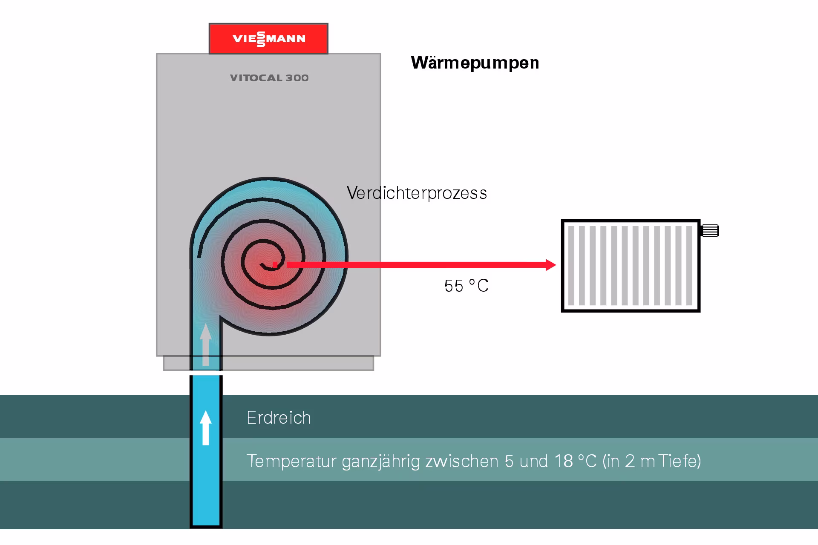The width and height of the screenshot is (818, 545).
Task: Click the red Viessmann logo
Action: click(268, 39)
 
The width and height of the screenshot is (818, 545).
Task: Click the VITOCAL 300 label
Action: click(269, 78)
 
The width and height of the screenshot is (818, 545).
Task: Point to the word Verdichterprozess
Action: click(417, 193)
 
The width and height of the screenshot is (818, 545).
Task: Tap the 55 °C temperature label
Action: click(466, 286)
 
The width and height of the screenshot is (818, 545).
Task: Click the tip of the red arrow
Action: click(556, 265)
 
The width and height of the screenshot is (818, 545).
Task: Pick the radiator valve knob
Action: click(710, 230)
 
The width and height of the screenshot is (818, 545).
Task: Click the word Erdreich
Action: click(279, 418)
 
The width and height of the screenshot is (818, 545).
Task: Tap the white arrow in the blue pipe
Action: click(206, 428)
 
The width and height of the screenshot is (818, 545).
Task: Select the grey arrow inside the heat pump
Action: click(206, 344)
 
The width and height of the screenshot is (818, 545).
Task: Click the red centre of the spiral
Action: click(275, 265)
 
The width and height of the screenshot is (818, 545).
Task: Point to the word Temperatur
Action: click(291, 462)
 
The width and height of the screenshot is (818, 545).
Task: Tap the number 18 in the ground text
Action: click(564, 461)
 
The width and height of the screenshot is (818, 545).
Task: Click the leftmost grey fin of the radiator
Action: click(571, 266)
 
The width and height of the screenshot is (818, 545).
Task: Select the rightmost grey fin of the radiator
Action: click(689, 266)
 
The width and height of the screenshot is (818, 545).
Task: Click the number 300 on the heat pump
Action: click(297, 78)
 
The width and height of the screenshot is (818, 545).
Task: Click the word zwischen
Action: click(462, 462)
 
